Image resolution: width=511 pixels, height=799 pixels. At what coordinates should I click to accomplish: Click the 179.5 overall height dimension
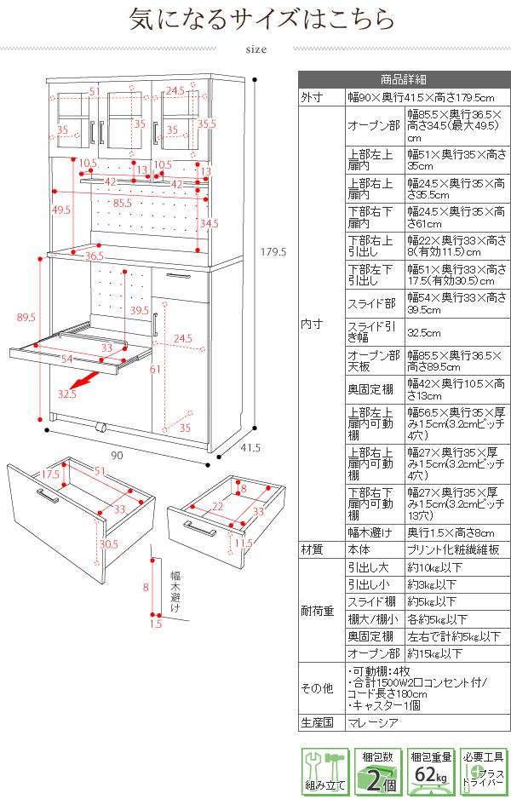click(271, 251)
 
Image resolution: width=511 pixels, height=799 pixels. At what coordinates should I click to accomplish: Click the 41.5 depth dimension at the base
click(250, 448)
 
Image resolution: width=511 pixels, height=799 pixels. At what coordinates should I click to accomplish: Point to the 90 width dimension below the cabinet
click(117, 457)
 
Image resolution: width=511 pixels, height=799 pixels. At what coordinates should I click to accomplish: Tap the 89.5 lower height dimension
click(26, 317)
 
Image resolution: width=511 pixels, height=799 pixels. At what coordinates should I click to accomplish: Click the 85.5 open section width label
click(122, 204)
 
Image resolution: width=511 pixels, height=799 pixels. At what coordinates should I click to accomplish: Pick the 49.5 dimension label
click(61, 210)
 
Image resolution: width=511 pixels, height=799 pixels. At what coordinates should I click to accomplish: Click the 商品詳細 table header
click(404, 81)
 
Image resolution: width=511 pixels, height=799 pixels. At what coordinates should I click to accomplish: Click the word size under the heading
click(255, 49)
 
